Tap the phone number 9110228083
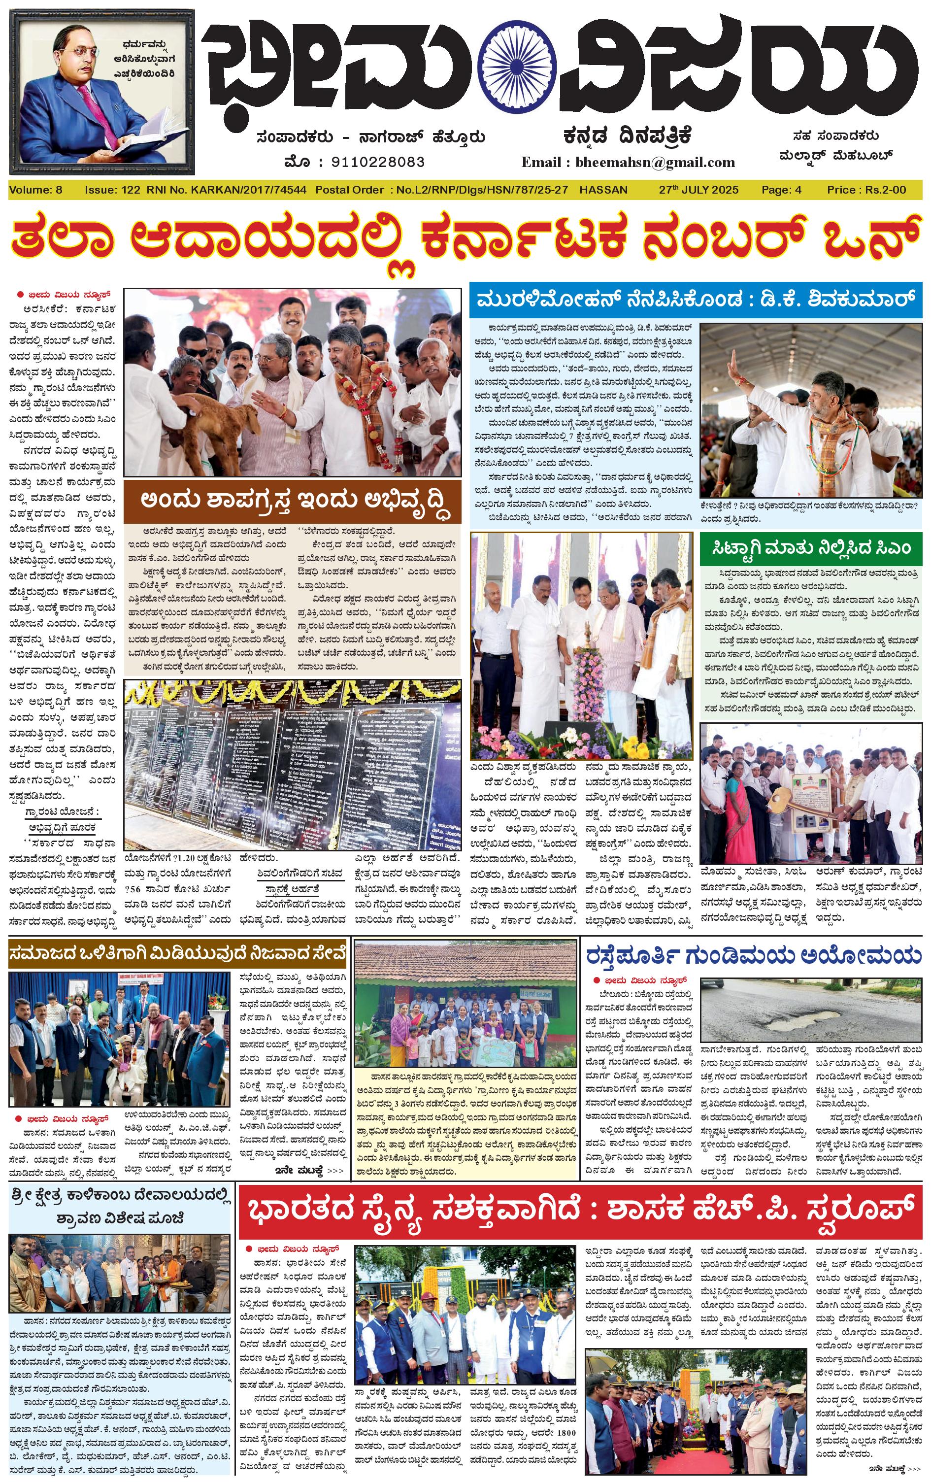377,163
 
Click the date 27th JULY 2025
698,190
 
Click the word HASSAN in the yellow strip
603,190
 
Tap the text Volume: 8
35,190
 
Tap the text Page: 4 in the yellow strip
781,190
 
